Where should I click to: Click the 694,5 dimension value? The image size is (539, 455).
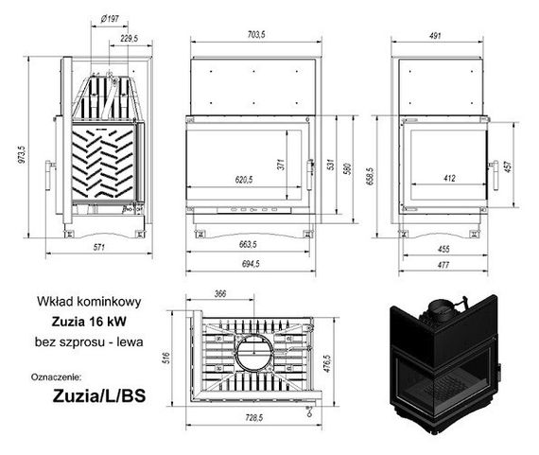[251, 263]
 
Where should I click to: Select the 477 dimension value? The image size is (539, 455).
[443, 265]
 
